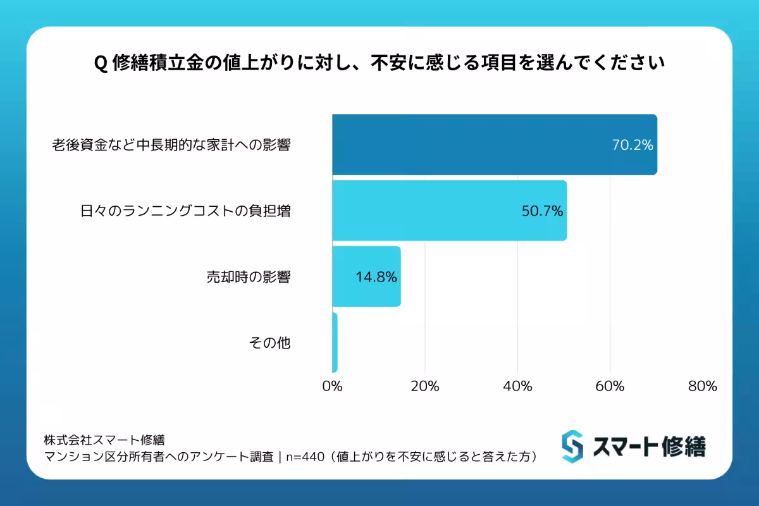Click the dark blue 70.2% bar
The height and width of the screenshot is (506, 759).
[x=493, y=144]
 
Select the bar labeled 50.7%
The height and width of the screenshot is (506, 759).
[x=443, y=211]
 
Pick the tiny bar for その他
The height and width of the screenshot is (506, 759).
[x=335, y=342]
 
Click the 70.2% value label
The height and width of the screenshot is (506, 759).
[x=632, y=145]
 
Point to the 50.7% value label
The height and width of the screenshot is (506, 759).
[x=542, y=211]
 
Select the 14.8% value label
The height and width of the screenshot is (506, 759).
[x=376, y=276]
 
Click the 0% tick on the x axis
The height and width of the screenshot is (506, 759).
[x=332, y=386]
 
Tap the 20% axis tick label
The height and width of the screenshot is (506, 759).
[x=425, y=386]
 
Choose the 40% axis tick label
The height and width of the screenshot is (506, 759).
[x=517, y=386]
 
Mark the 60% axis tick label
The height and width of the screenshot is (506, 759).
[x=610, y=386]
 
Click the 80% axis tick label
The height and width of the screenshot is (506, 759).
[x=702, y=386]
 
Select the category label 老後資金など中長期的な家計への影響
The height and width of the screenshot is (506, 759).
[x=171, y=145]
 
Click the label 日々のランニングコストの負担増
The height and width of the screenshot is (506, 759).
[x=185, y=211]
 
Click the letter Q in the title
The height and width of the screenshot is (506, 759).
[x=99, y=65]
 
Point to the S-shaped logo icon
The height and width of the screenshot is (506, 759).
[x=572, y=447]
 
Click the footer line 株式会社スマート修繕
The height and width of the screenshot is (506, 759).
[x=104, y=439]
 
